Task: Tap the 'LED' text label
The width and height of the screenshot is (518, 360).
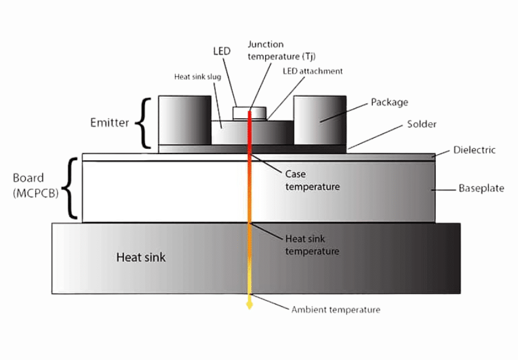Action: pos(222,51)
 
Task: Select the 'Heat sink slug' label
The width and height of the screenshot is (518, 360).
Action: pos(198,77)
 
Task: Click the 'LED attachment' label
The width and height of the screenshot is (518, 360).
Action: pos(312,71)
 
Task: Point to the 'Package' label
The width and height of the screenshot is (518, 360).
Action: pos(389,102)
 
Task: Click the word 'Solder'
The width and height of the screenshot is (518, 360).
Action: pos(421,124)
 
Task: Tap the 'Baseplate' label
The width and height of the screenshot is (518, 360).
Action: pos(481,188)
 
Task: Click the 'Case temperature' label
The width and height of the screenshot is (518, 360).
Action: pos(312,180)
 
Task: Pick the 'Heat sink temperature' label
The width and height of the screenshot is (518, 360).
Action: pos(312,245)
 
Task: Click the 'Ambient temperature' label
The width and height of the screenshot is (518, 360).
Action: pos(336,310)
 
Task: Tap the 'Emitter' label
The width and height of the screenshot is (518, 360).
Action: pos(110,122)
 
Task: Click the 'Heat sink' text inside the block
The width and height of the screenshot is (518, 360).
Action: pos(140,258)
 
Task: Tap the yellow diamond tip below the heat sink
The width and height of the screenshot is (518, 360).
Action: pos(249,305)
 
